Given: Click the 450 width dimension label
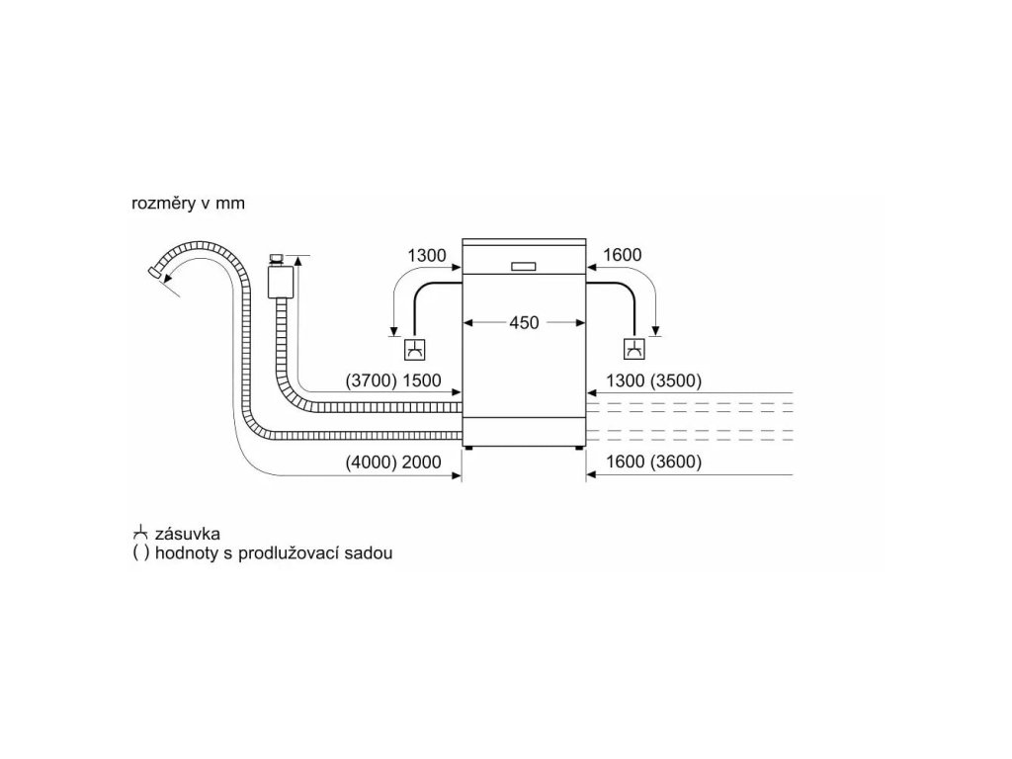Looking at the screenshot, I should tap(524, 323).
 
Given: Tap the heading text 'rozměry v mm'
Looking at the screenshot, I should tap(188, 204).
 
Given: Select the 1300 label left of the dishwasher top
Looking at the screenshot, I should tap(427, 255).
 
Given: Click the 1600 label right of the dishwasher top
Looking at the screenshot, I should tap(621, 255).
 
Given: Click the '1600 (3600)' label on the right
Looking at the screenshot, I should tap(652, 462).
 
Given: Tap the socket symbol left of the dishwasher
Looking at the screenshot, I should tap(415, 350).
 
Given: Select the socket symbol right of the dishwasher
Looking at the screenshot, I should tap(633, 350).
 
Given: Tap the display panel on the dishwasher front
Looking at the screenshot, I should tap(524, 265).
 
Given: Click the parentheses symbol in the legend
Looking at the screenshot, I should tap(140, 553).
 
